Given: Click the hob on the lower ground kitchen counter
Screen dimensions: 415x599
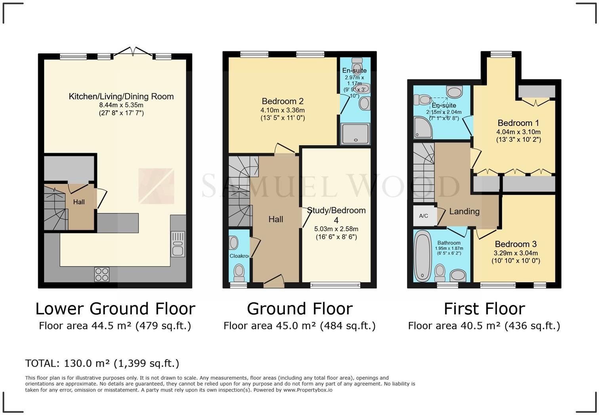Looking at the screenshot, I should coord(102,274).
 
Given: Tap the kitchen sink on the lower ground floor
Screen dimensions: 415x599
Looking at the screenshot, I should coord(178,244).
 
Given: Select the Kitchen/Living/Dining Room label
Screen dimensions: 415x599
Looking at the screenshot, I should coord(121,96).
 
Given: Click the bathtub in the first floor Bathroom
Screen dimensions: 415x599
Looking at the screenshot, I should coord(423,256).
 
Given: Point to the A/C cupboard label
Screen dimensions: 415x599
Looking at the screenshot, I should coord(423,216).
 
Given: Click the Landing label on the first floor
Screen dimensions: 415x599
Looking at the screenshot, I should coord(464,211).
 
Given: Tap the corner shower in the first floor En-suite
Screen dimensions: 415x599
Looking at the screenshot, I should coord(423,128).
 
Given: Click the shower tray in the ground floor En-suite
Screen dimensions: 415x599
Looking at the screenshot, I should coord(355,134).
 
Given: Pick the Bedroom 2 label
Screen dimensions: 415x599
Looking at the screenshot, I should coord(282,101).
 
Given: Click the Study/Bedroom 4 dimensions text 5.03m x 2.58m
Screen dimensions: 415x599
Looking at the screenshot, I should coord(336,229).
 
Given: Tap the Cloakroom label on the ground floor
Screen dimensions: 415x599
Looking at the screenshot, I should coord(239,256).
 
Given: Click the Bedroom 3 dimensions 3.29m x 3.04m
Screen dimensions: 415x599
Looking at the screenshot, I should coord(516,253).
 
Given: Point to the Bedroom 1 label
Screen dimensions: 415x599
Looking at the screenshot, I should coord(518,123).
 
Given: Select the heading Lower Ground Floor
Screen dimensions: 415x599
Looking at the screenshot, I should coord(115,308).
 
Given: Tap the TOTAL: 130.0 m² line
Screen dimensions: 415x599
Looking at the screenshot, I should coord(102,363).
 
